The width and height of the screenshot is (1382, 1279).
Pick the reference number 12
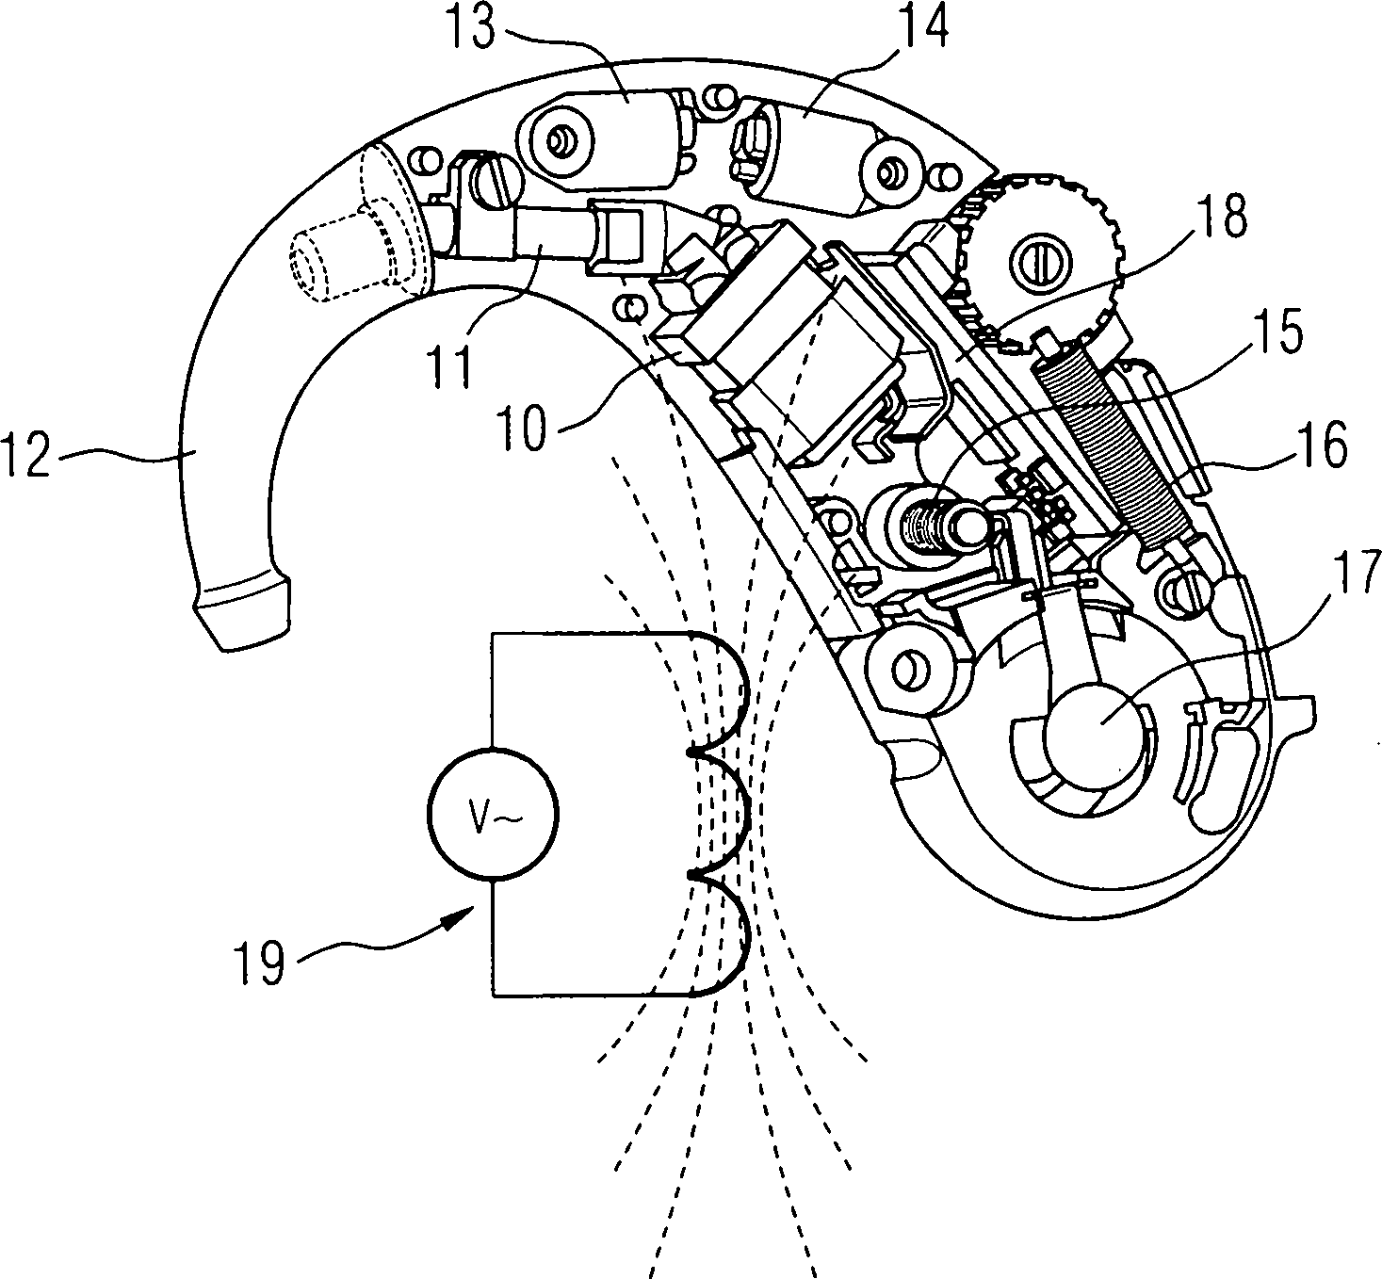(x=29, y=463)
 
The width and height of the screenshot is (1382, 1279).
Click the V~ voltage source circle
(x=493, y=816)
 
